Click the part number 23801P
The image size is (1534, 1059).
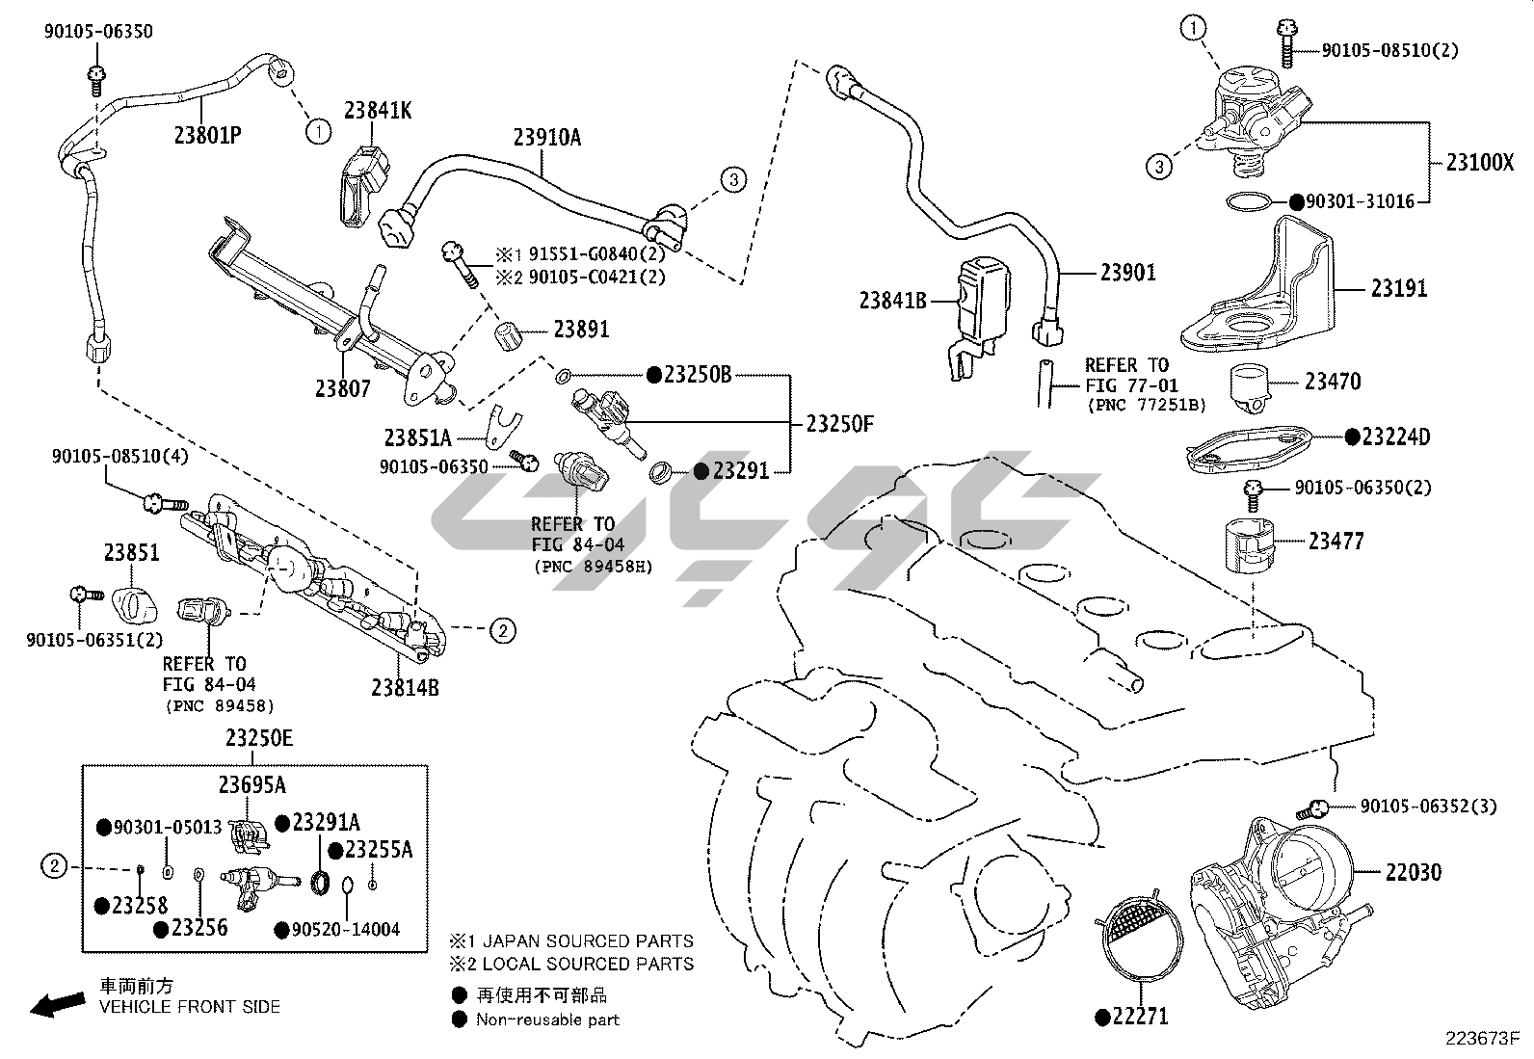pos(207,135)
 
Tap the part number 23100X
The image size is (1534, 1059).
pos(1479,162)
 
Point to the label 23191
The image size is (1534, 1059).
pos(1399,287)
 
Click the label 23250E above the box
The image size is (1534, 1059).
pos(259,739)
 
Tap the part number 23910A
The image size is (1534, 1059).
pos(546,138)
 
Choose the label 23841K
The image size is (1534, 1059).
pos(379,111)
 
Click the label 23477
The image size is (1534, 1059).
pos(1336,542)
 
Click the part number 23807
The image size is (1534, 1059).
pos(342,387)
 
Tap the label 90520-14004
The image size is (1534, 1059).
pos(345,929)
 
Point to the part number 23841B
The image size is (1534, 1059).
pos(892,302)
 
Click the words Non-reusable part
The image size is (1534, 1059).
pos(547,1019)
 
